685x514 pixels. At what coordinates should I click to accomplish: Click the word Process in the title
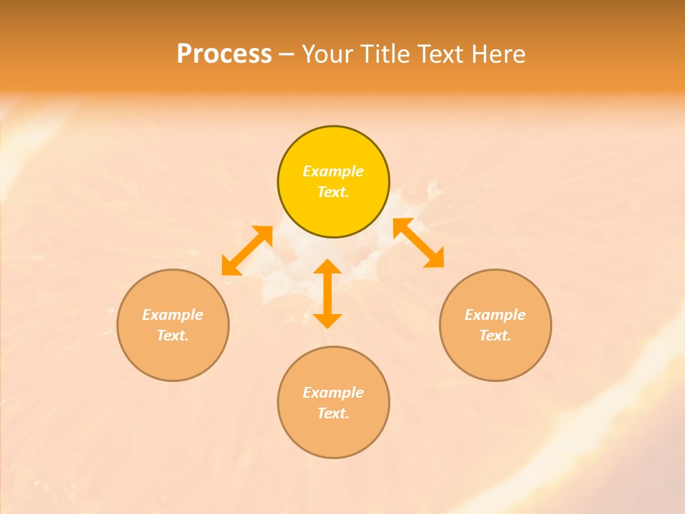click(x=224, y=54)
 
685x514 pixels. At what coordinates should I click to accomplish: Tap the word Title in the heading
click(x=386, y=54)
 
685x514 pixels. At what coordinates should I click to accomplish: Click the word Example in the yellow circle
click(x=333, y=171)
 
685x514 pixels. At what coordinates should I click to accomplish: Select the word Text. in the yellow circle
click(x=333, y=192)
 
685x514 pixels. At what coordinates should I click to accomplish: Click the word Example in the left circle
click(x=173, y=315)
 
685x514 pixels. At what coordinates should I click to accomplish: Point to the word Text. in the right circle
click(x=495, y=336)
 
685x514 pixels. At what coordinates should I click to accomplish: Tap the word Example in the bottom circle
click(x=333, y=393)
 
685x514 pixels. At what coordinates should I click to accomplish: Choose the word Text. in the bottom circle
click(x=333, y=413)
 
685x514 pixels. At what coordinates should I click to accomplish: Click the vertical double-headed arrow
click(x=328, y=293)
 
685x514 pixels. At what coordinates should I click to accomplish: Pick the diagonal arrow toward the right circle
click(x=419, y=243)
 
